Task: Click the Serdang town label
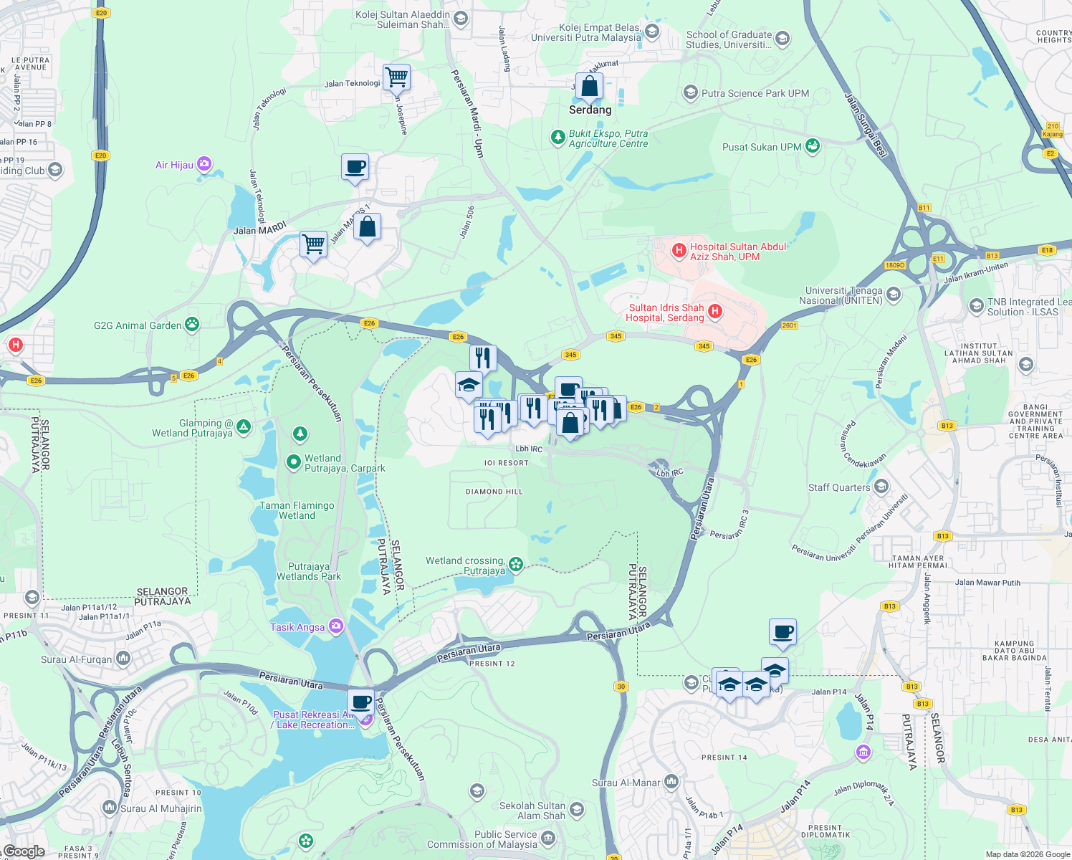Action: click(x=590, y=110)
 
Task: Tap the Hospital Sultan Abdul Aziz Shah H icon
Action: click(x=679, y=251)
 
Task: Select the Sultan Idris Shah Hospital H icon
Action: click(x=714, y=311)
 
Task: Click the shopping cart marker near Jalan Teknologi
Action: click(x=396, y=76)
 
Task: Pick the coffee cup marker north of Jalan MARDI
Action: click(x=355, y=167)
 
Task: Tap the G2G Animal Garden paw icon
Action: click(x=192, y=325)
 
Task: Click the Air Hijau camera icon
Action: click(x=204, y=165)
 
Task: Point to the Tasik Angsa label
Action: click(x=297, y=627)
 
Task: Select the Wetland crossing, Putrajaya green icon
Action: click(x=515, y=565)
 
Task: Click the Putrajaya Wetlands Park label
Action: click(x=309, y=571)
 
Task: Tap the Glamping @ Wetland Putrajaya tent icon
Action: click(x=244, y=427)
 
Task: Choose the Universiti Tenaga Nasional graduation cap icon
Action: click(x=893, y=294)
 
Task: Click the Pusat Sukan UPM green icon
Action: click(x=812, y=146)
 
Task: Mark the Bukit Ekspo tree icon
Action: click(x=557, y=137)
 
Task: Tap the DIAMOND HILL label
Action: click(x=494, y=492)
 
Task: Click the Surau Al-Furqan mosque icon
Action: click(x=123, y=658)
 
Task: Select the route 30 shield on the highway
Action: click(x=621, y=686)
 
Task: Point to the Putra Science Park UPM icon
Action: click(x=690, y=92)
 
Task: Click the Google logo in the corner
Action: click(x=24, y=851)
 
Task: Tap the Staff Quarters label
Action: click(x=839, y=487)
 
